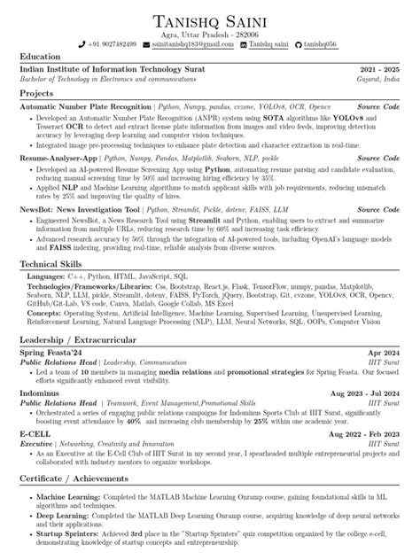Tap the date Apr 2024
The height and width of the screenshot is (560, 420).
382,354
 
